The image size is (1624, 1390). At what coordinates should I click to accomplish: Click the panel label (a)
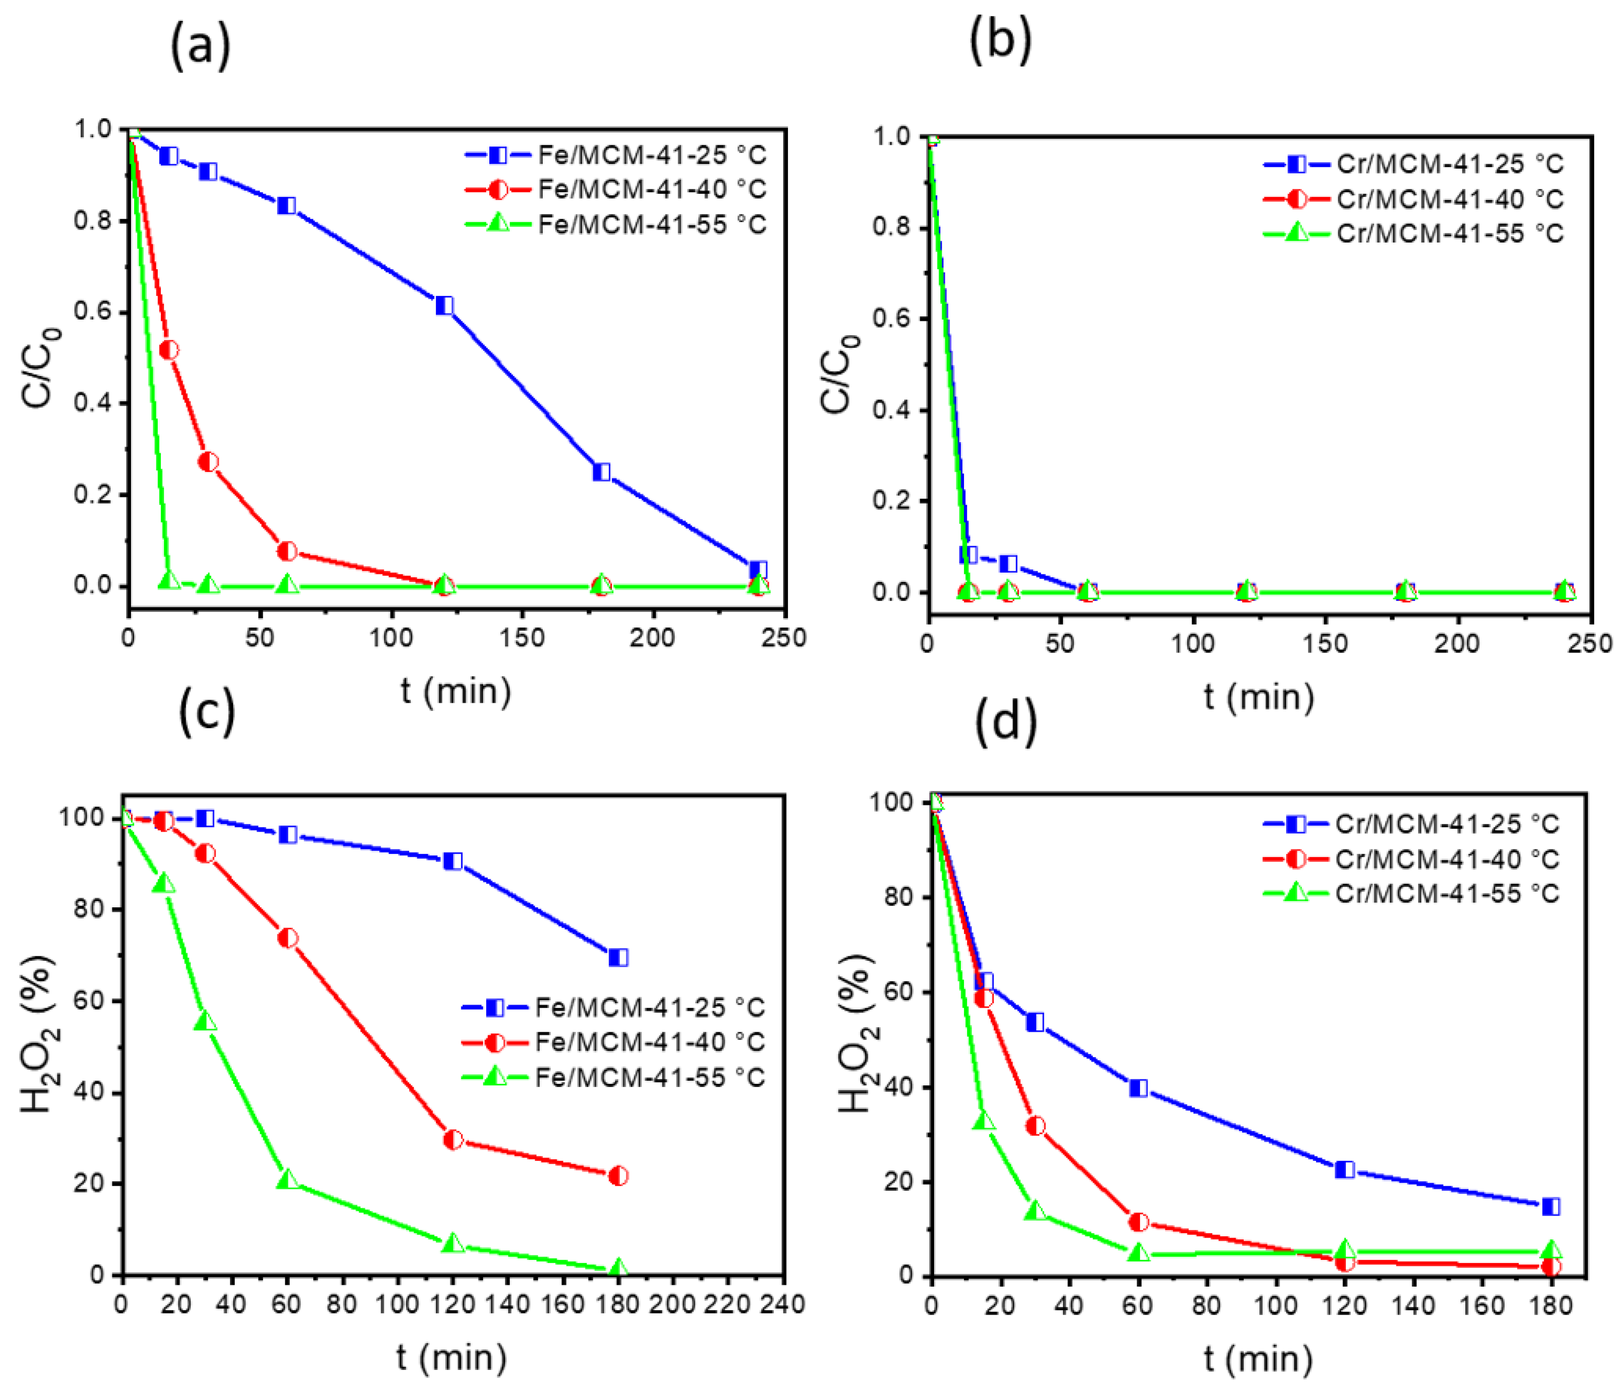(201, 45)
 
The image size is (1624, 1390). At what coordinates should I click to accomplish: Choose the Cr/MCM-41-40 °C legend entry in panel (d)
(1411, 859)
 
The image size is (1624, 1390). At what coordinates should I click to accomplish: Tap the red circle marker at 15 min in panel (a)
(168, 350)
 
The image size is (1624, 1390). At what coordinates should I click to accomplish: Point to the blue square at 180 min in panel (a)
(601, 472)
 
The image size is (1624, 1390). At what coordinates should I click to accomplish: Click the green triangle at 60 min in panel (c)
(287, 1180)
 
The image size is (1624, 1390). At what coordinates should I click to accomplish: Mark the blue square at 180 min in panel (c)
(618, 957)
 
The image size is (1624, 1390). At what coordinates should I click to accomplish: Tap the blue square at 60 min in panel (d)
(1138, 1088)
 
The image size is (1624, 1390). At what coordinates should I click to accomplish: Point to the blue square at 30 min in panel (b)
(1008, 564)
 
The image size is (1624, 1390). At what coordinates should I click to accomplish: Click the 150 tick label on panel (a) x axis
(522, 637)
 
